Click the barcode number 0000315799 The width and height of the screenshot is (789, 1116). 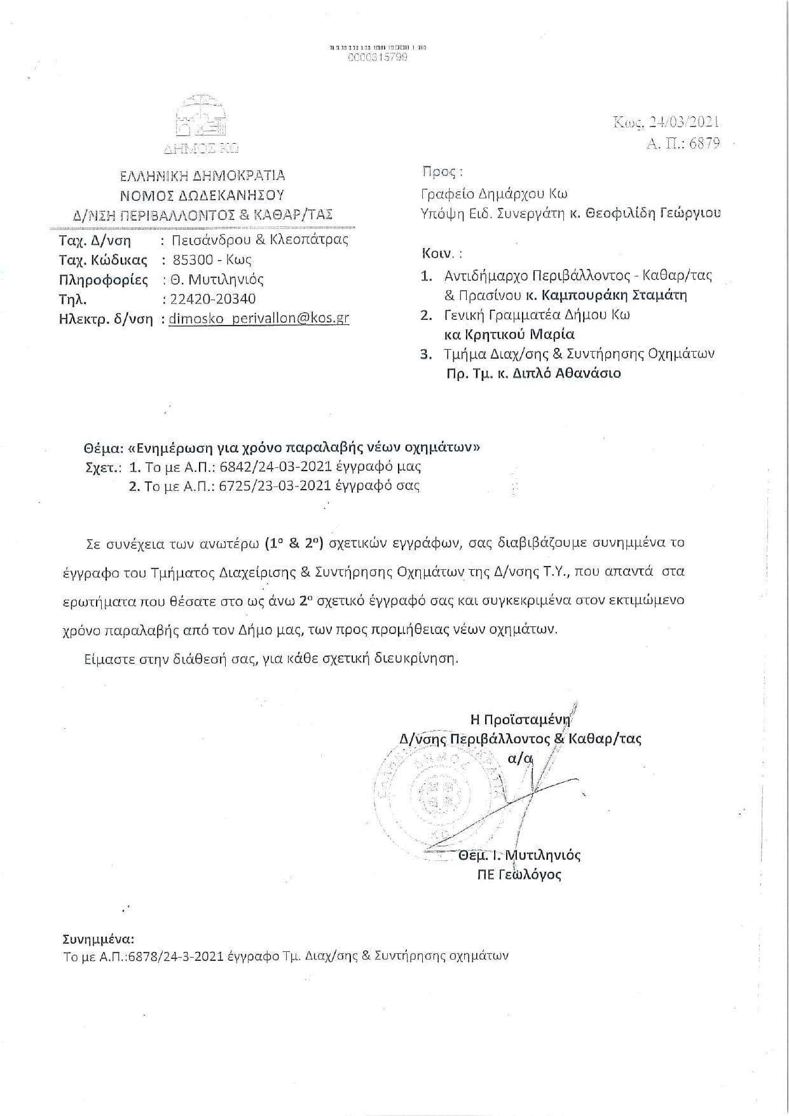[378, 57]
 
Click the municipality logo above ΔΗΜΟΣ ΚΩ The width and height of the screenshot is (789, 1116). [201, 116]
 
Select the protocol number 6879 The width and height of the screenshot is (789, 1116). [704, 143]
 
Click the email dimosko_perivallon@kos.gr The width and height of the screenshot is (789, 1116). [259, 319]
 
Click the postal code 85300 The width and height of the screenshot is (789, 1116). [193, 259]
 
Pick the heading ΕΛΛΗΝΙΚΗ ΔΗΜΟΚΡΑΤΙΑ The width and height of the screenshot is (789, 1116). [203, 175]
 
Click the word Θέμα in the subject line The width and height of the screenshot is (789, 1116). [102, 447]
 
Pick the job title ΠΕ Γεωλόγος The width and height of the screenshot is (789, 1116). [519, 875]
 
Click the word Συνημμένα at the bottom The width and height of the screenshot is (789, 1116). [99, 939]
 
